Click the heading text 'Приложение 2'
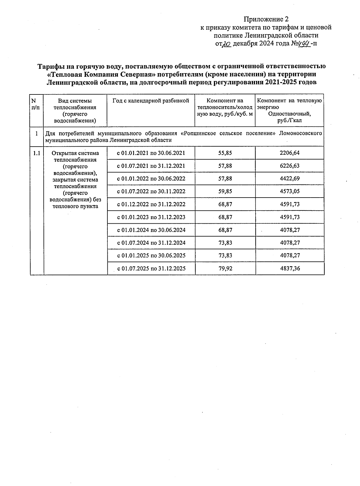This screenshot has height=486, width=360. (x=266, y=19)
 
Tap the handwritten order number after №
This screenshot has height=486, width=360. (x=303, y=43)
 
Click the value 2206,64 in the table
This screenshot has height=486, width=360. (x=289, y=153)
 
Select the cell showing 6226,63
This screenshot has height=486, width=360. (x=289, y=166)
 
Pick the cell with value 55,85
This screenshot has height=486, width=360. (x=225, y=153)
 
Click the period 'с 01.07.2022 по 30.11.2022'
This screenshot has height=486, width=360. (x=151, y=191)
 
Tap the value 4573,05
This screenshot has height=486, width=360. (x=289, y=191)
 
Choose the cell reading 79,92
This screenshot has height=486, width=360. (x=225, y=268)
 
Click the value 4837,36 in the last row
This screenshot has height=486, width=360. (x=290, y=268)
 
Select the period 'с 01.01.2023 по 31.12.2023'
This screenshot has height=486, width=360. (x=151, y=217)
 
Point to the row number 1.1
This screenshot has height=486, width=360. (x=37, y=153)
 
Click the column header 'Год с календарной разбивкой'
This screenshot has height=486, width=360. (x=151, y=101)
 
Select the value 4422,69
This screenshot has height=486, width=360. (x=289, y=179)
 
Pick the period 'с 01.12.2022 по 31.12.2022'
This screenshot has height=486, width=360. (x=151, y=204)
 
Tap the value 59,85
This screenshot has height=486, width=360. (x=225, y=191)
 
